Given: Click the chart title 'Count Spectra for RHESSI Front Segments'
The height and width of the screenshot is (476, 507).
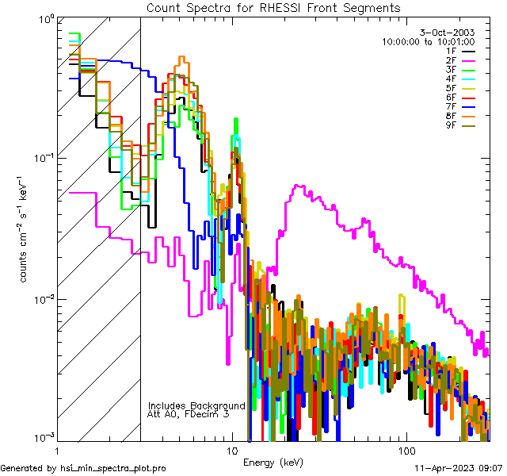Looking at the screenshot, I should [x=273, y=7].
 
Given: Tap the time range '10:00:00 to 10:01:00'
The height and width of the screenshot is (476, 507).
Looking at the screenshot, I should [x=428, y=41].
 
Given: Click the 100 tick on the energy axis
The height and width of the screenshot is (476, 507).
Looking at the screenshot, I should [x=406, y=449].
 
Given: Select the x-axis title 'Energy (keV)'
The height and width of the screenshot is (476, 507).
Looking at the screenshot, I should [x=273, y=463].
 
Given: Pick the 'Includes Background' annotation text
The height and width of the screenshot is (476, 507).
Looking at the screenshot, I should [x=196, y=405].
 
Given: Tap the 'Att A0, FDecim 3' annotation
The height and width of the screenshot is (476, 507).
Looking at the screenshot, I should [x=189, y=414].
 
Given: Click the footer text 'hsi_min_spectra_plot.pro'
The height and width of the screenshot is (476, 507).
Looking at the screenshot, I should [x=113, y=468].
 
